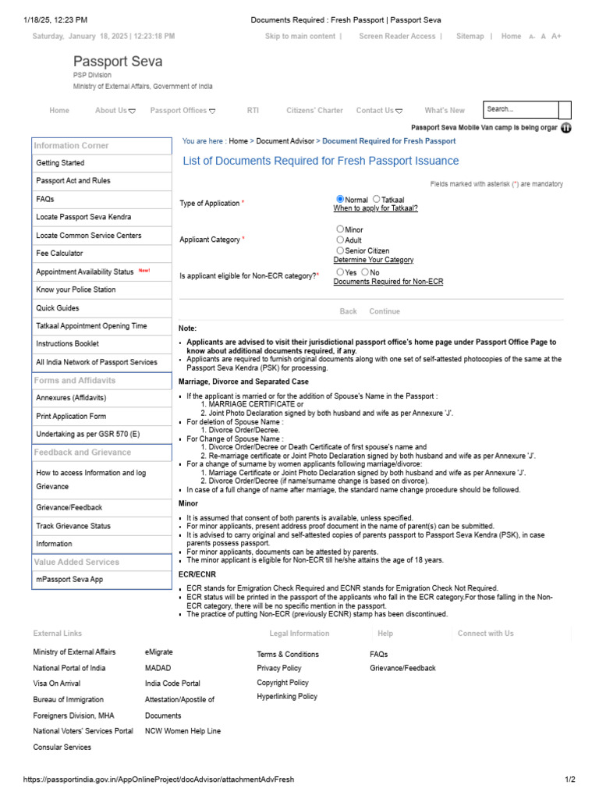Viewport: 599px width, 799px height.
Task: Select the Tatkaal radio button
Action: pyautogui.click(x=377, y=200)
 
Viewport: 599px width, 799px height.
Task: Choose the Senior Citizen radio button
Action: pyautogui.click(x=340, y=250)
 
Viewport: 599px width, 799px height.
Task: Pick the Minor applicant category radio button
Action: pyautogui.click(x=340, y=229)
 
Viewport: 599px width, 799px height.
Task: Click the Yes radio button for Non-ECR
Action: pyautogui.click(x=340, y=272)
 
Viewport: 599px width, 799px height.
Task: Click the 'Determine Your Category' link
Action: pyautogui.click(x=374, y=260)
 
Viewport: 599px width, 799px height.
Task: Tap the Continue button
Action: pyautogui.click(x=385, y=311)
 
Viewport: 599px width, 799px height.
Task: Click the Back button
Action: pyautogui.click(x=349, y=311)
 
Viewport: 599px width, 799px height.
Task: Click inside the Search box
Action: pyautogui.click(x=520, y=110)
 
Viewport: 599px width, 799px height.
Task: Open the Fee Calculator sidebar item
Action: pyautogui.click(x=59, y=254)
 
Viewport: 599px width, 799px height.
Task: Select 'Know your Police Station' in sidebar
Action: pyautogui.click(x=76, y=289)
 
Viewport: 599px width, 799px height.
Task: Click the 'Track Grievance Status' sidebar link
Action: pyautogui.click(x=73, y=527)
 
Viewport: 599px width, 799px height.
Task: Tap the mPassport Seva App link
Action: pyautogui.click(x=69, y=580)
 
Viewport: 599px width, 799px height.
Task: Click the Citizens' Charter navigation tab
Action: pyautogui.click(x=314, y=111)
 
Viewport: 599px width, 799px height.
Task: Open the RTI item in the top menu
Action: pyautogui.click(x=253, y=111)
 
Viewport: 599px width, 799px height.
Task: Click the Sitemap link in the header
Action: pyautogui.click(x=470, y=37)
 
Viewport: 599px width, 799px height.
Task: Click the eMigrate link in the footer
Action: pyautogui.click(x=159, y=652)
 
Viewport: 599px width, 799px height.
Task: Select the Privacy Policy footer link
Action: pyautogui.click(x=279, y=669)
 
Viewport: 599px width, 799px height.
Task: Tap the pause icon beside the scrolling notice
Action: pyautogui.click(x=566, y=128)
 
